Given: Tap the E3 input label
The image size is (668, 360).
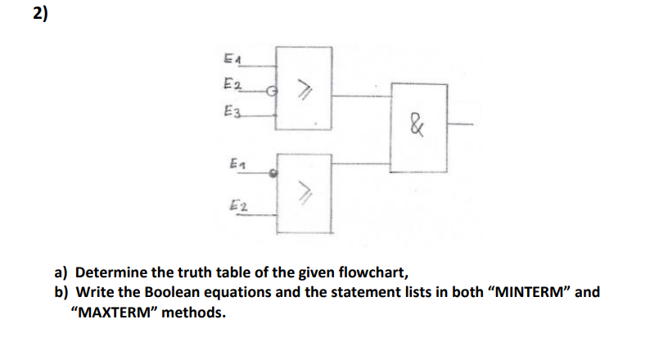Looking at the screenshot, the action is coord(232,112).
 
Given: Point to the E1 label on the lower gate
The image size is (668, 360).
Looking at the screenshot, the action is coord(237,165).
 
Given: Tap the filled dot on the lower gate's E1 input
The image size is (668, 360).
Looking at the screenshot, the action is coord(276,173).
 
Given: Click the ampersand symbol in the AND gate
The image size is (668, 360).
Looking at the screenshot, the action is coord(417,127).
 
